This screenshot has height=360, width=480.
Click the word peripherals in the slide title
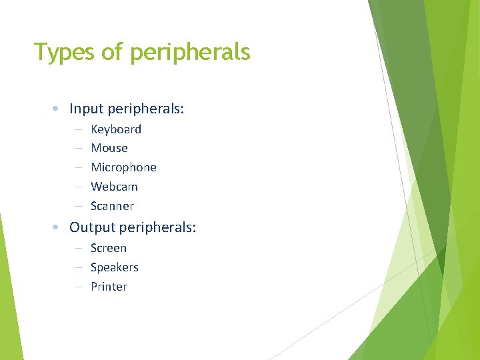pos(190,53)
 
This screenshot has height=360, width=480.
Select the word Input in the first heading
pos(85,109)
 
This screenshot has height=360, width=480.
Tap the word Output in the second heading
pos(91,227)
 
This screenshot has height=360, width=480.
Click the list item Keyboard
pos(116,129)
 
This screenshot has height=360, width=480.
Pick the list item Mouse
pos(109,148)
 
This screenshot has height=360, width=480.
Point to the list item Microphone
pos(123,167)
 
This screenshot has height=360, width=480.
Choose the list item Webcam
pos(114,187)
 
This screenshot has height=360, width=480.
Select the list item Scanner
pos(112,206)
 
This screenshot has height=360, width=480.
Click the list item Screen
pos(109,248)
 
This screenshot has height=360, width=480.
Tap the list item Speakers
pos(115,267)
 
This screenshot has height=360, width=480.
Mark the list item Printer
pos(109,287)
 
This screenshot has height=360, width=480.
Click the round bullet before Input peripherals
pos(58,109)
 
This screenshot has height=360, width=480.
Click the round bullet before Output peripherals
pos(58,228)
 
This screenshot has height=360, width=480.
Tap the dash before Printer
pos(78,287)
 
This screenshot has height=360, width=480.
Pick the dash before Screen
pos(78,249)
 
